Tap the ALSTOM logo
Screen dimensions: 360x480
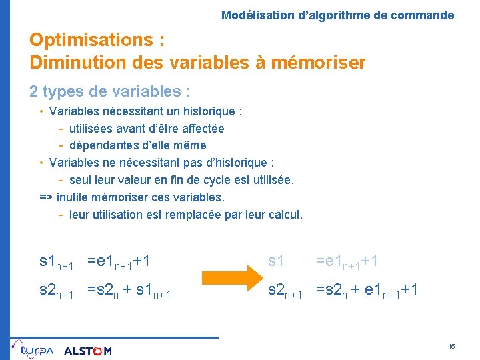coord(88,351)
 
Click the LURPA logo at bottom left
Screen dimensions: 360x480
coord(35,349)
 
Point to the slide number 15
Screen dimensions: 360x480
coord(451,347)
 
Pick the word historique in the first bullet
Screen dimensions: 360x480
coord(209,111)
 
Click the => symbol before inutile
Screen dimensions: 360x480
coord(47,197)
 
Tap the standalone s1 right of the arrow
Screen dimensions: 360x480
coord(276,261)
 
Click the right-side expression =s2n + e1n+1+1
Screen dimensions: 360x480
coord(367,291)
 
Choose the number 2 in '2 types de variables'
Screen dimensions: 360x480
coord(33,91)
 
